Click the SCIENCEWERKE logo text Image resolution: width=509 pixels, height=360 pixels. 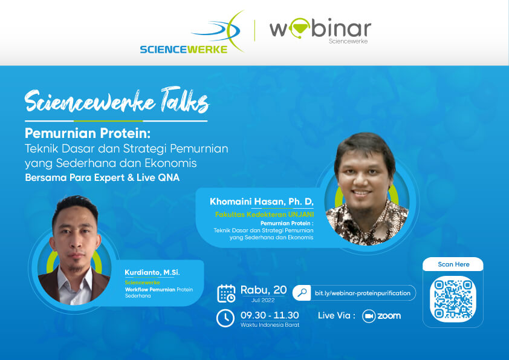184,50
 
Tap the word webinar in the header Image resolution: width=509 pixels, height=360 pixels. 320,28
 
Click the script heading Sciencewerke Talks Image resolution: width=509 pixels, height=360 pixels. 117,100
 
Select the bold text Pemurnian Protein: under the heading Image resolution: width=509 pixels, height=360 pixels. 88,133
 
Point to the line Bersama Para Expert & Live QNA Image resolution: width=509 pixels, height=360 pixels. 102,178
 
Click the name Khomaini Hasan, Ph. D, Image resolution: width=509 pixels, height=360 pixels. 262,201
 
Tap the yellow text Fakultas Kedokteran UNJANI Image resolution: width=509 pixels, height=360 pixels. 264,214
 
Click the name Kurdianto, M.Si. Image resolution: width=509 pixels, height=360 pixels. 152,272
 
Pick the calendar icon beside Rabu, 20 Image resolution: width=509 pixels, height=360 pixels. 226,293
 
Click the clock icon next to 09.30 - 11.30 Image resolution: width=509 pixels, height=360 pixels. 225,318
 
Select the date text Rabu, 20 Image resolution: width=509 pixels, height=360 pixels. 264,290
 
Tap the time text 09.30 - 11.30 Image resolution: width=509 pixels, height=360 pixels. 270,315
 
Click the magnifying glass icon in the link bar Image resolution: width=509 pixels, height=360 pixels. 302,293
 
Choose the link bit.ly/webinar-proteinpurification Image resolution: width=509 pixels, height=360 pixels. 363,293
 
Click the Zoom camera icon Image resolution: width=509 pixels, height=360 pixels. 369,316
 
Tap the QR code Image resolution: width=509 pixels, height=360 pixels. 453,299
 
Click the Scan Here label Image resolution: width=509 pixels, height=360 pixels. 453,264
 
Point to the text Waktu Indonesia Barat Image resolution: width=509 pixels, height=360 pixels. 270,324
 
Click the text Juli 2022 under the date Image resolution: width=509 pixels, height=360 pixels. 263,300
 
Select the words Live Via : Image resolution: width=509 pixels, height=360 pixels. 337,315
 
